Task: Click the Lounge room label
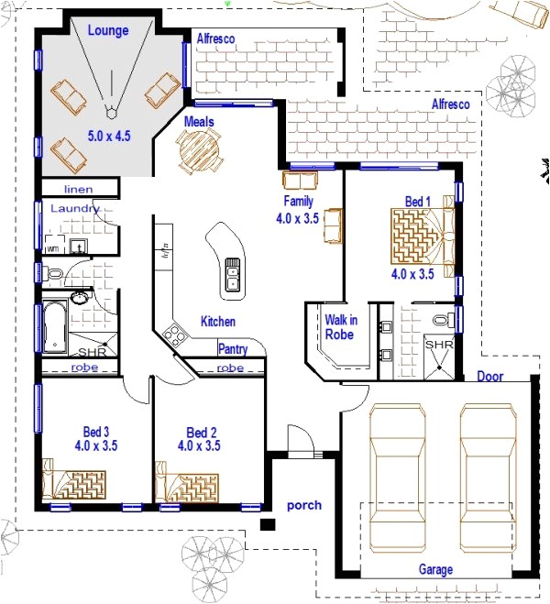point(106,30)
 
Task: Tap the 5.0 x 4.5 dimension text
point(109,136)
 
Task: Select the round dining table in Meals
point(199,149)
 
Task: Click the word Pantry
point(232,349)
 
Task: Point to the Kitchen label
point(218,322)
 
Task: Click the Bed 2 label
point(201,432)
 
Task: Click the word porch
point(303,505)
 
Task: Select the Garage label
point(435,569)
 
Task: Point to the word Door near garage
point(489,377)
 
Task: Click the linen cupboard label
point(65,188)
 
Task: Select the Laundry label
point(73,209)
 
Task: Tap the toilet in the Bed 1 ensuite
point(442,321)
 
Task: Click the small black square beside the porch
point(268,525)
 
